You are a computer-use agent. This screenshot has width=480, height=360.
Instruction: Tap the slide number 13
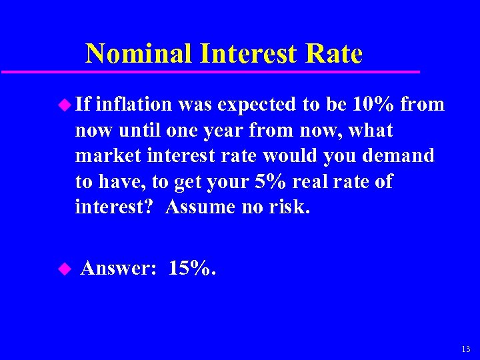click(x=465, y=349)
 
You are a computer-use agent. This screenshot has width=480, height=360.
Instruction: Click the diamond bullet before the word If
click(x=65, y=104)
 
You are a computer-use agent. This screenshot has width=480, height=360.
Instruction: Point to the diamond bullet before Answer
click(x=65, y=269)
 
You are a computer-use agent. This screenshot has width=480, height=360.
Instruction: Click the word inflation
click(x=134, y=104)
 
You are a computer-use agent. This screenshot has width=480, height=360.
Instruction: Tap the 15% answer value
click(x=191, y=268)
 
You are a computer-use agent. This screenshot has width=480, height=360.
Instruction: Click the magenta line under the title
click(x=210, y=71)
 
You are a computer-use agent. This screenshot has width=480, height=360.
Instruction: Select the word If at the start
click(x=84, y=104)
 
